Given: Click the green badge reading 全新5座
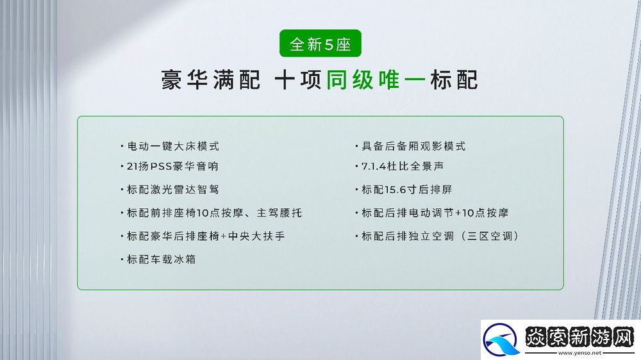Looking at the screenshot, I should (320, 45).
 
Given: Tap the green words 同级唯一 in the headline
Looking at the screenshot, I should (373, 81).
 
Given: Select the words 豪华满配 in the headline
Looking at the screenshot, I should (211, 81).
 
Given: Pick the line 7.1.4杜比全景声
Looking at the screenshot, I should (403, 167).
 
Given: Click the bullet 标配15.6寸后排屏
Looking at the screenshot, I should (407, 190).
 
